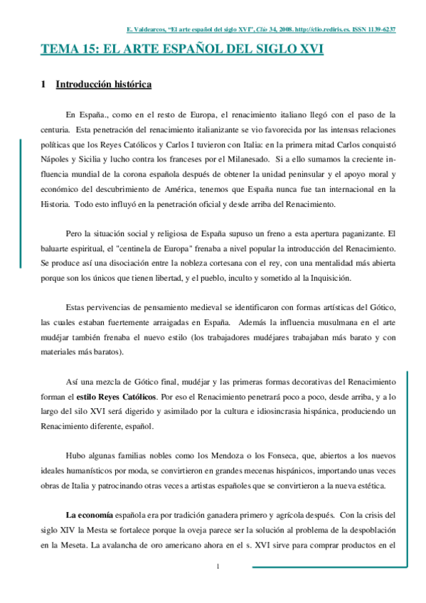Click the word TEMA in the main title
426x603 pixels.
(58, 50)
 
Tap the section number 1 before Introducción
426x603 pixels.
(43, 85)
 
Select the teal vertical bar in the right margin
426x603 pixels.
(407, 456)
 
